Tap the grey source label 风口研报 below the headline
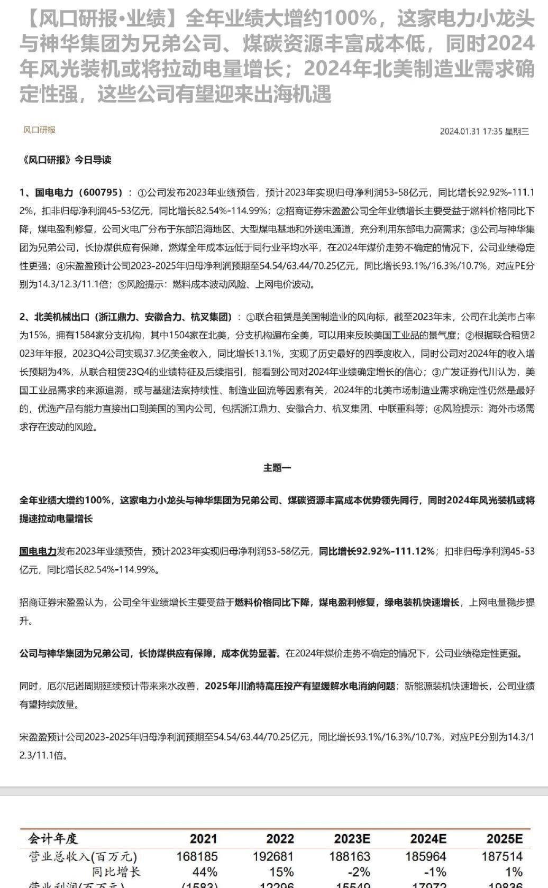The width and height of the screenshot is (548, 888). [x=39, y=130]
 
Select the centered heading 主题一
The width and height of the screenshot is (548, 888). [x=277, y=468]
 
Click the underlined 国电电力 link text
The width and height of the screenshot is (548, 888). [x=38, y=551]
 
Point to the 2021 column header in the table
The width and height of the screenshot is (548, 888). [x=204, y=839]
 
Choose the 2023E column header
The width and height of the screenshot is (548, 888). [x=352, y=839]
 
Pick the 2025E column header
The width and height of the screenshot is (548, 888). [x=504, y=839]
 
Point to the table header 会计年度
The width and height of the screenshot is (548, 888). [x=53, y=839]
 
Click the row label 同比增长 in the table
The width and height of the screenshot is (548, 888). [x=116, y=872]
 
